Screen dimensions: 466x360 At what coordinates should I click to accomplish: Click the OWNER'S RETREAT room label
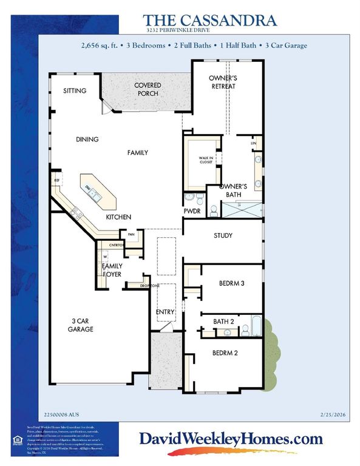tap(222, 83)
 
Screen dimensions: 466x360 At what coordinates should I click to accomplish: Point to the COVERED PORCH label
tap(146, 89)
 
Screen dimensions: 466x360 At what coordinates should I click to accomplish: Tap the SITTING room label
tap(75, 91)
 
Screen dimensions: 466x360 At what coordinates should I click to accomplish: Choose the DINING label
tap(87, 139)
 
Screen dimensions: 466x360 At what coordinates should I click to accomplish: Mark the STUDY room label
tap(223, 235)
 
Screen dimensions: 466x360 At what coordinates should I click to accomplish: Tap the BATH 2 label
tap(223, 322)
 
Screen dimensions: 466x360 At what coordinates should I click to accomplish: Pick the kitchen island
tap(95, 191)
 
